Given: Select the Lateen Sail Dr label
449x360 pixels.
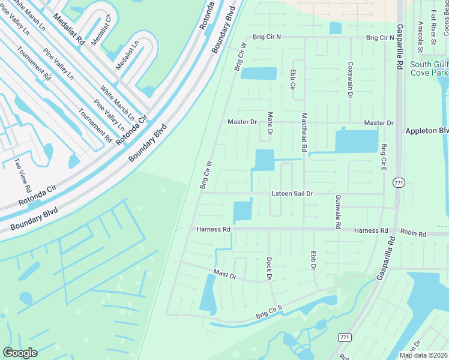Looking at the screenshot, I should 292,194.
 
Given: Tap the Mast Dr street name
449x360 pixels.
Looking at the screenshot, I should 225,274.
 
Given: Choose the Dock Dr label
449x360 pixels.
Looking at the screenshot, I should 270,268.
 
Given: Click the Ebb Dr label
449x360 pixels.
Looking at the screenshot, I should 313,260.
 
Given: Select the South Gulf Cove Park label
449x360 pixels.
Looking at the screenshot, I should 429,68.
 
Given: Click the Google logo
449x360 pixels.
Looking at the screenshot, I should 20,352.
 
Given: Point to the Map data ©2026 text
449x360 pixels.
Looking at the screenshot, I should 423,355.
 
